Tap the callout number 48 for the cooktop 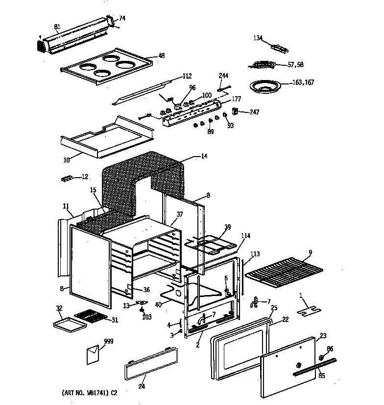(161, 56)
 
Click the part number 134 (259, 38)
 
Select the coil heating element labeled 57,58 (263, 64)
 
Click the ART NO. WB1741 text (90, 393)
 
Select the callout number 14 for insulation (204, 157)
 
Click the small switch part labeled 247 (235, 112)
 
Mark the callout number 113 (255, 254)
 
